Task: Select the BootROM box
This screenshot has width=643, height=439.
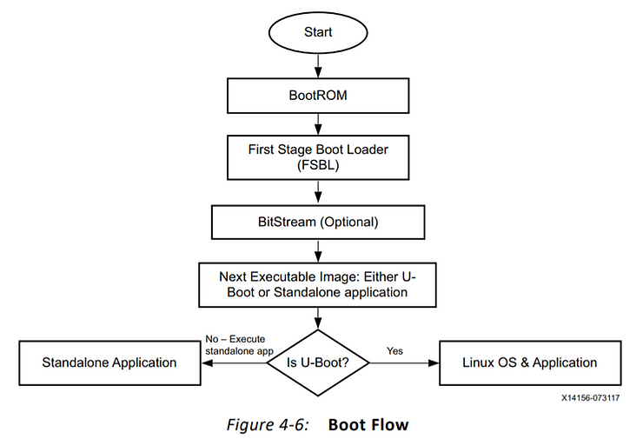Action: click(318, 95)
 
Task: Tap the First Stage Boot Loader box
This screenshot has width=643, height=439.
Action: click(318, 157)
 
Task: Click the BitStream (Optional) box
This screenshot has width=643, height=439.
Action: click(318, 222)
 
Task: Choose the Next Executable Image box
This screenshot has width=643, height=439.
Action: click(318, 284)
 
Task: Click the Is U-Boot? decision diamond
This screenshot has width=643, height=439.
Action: click(319, 363)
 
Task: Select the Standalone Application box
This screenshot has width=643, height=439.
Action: click(109, 363)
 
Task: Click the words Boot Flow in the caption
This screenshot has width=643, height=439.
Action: click(368, 424)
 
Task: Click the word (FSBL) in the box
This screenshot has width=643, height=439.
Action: click(318, 166)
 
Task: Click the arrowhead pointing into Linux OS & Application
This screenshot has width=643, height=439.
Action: click(435, 363)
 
